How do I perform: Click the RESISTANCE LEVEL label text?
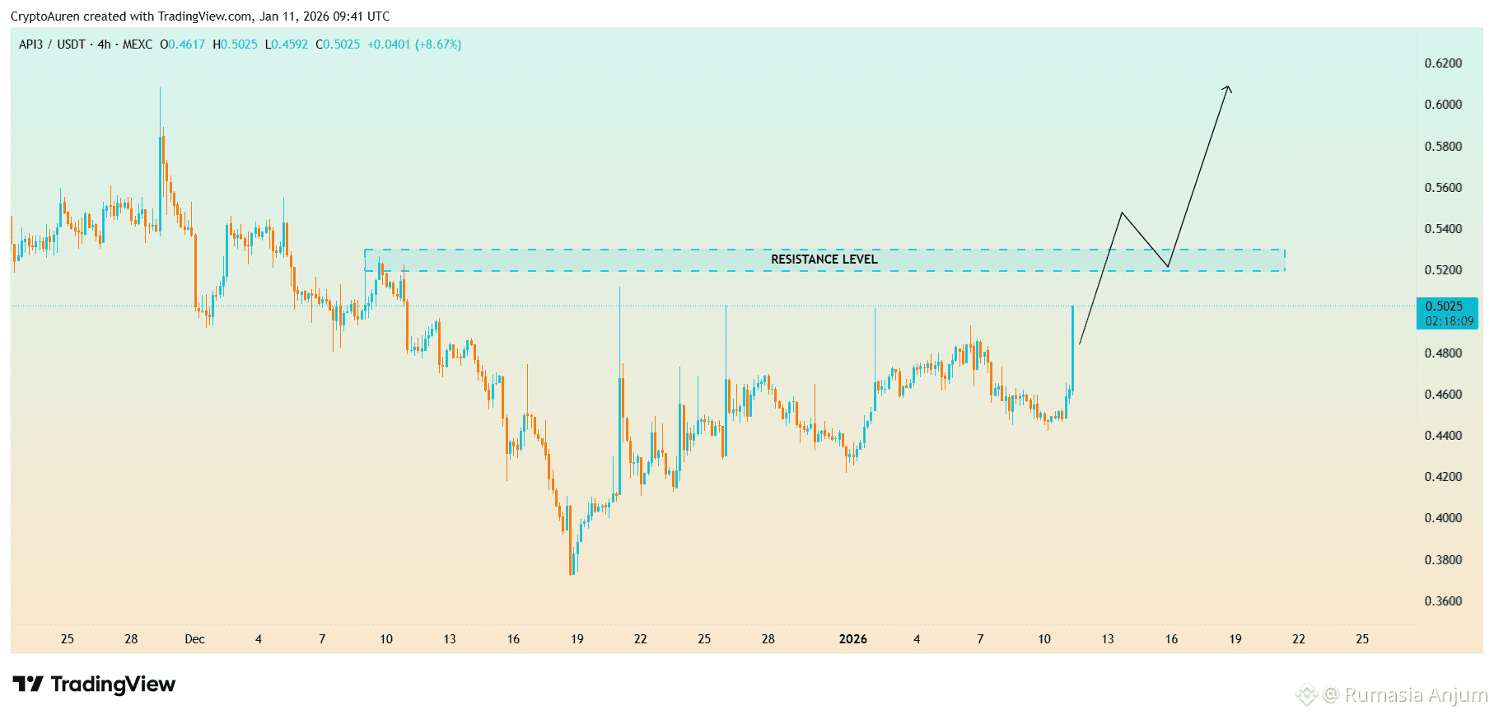point(824,259)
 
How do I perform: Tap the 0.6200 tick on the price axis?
point(1443,63)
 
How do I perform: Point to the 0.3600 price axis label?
point(1443,601)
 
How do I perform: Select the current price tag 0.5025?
point(1444,306)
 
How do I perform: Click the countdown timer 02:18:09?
point(1449,321)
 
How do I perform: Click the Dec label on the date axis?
point(195,639)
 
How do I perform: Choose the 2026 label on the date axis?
point(852,639)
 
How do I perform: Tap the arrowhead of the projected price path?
point(1228,87)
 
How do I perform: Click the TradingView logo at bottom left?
point(94,685)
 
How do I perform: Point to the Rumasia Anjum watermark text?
point(1415,695)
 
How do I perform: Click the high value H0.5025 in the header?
point(235,44)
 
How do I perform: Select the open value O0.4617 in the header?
point(182,44)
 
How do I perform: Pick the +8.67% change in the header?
point(438,44)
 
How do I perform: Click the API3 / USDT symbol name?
point(52,44)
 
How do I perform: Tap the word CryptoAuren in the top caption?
point(44,16)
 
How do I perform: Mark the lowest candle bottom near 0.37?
point(572,574)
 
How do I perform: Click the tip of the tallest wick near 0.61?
point(160,88)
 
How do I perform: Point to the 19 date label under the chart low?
point(577,639)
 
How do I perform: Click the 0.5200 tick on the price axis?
point(1443,270)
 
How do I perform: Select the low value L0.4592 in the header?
point(287,44)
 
